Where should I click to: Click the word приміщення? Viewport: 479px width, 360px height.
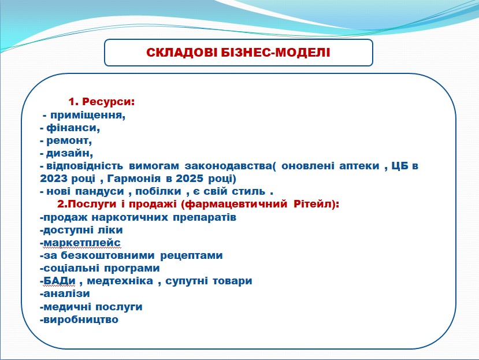click(88, 116)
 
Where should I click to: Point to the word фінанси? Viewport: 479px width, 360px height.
click(73, 128)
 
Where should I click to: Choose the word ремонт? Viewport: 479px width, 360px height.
click(69, 141)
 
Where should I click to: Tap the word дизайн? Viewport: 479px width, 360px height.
click(69, 153)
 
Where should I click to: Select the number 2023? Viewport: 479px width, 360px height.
click(53, 179)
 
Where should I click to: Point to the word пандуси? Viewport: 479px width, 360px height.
click(99, 192)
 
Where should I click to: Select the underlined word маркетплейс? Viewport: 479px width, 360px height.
click(82, 243)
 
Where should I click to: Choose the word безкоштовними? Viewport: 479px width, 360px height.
click(108, 255)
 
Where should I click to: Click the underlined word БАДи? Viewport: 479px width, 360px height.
click(60, 281)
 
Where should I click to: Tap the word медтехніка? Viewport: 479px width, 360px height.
click(120, 281)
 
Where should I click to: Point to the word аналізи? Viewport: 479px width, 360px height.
click(66, 294)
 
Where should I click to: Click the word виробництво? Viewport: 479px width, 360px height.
click(81, 320)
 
